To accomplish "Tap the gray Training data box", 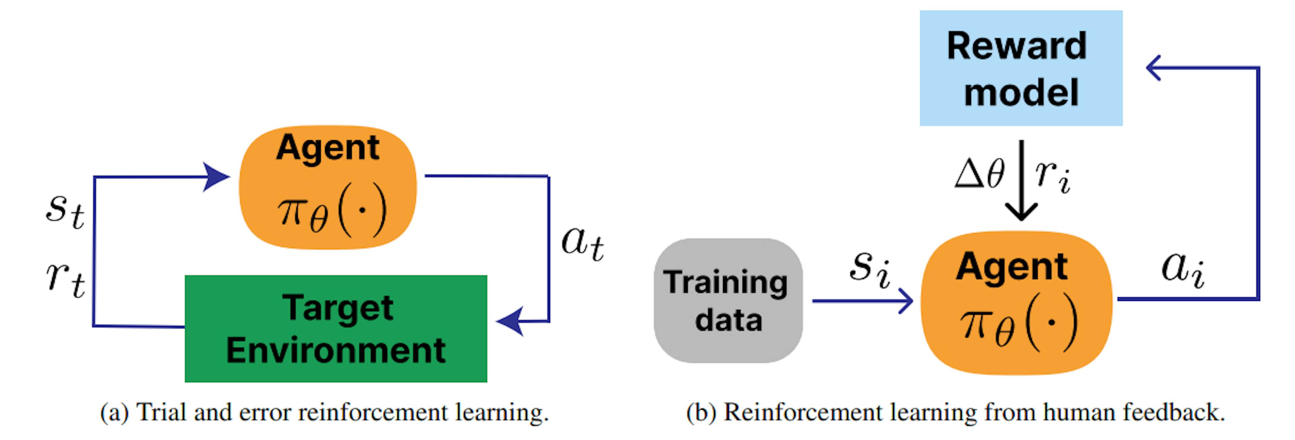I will coord(728,301).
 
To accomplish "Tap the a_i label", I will coord(1182,269).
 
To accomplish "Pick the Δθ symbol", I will coord(979,173).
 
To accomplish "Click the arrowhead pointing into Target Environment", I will coord(509,321).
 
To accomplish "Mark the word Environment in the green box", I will coord(336,351).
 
